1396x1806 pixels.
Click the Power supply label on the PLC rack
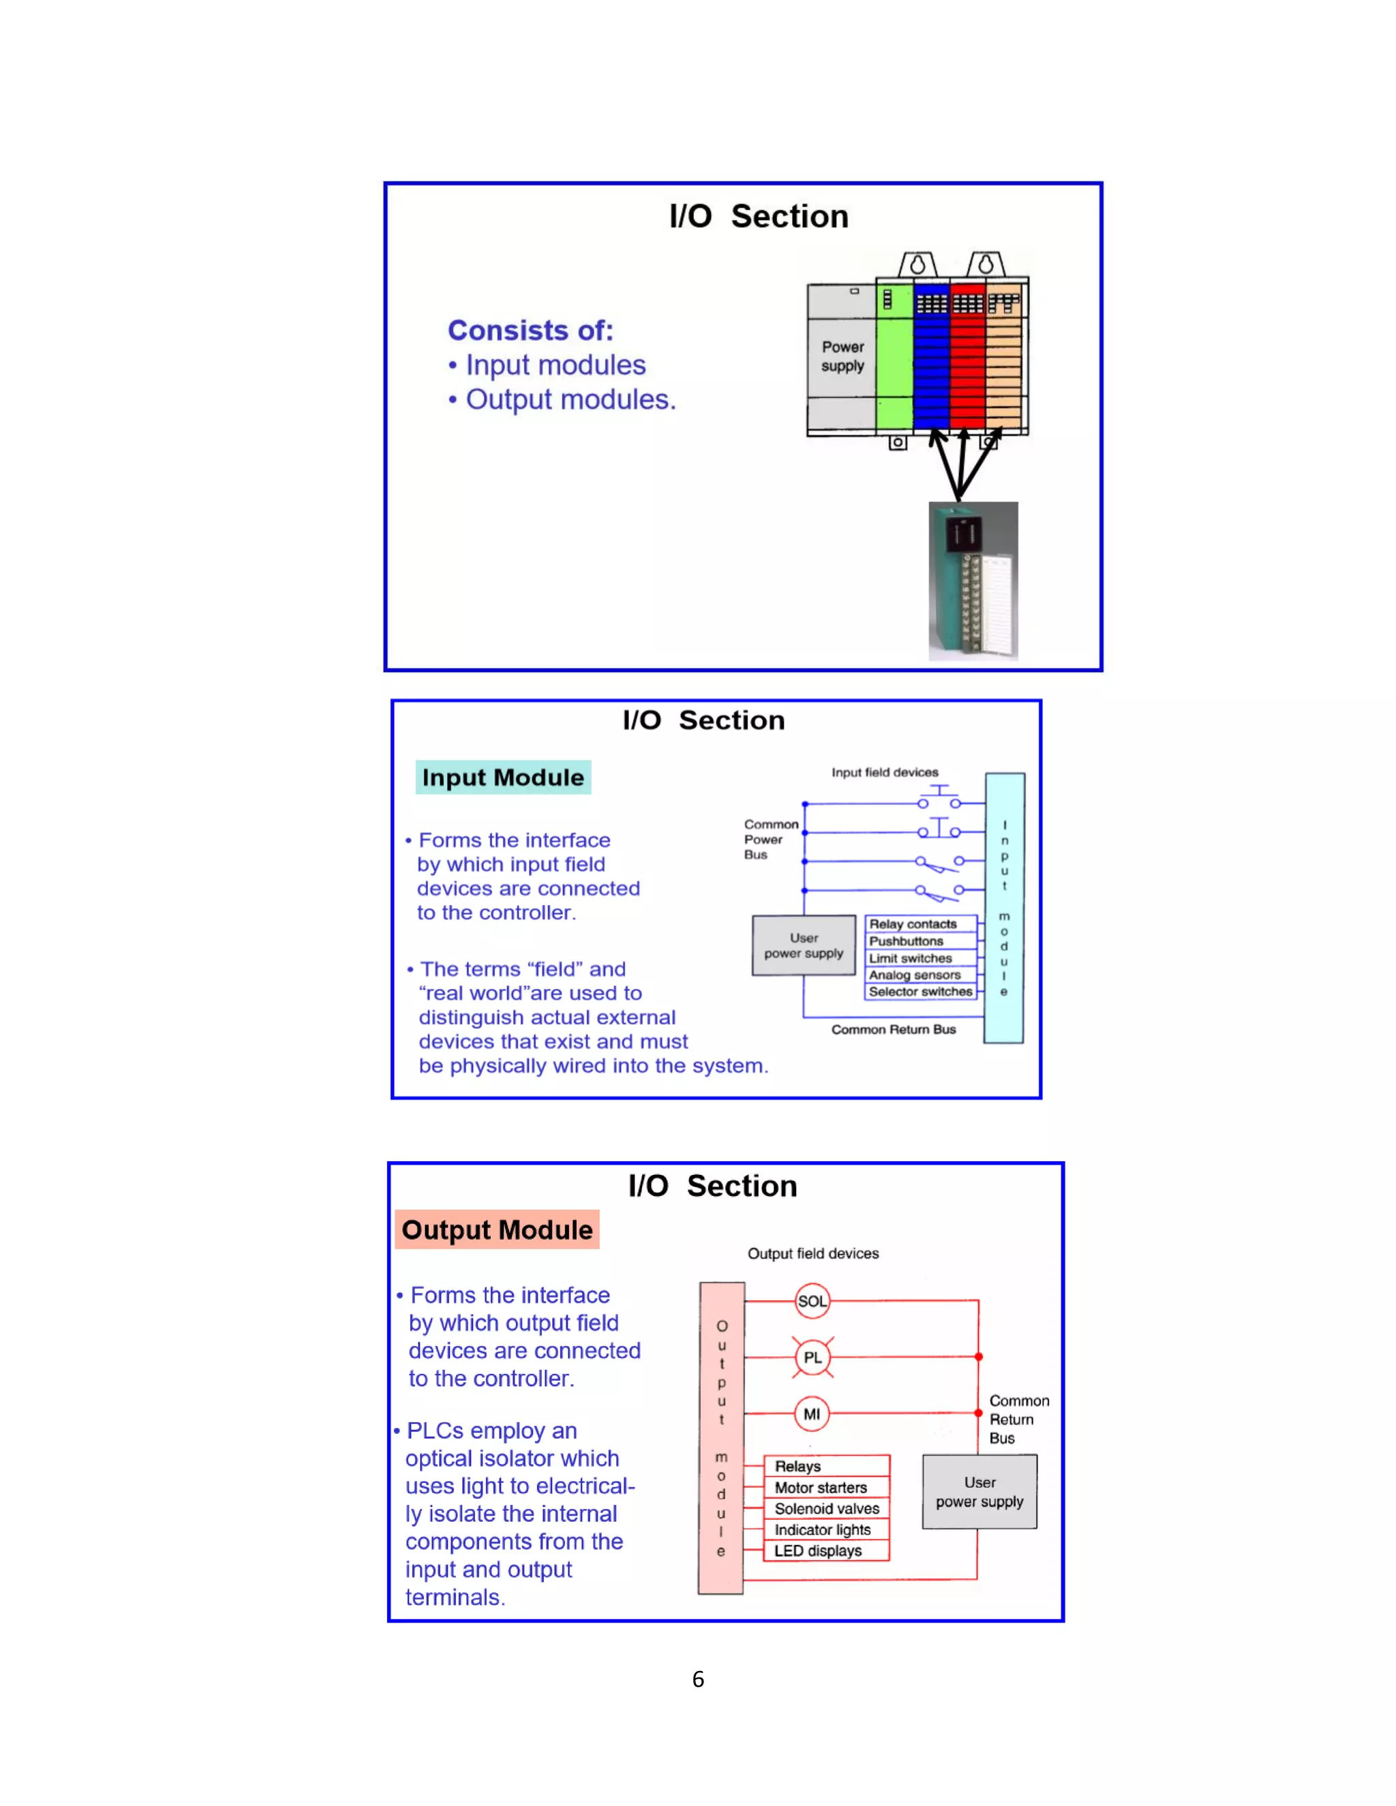(x=842, y=356)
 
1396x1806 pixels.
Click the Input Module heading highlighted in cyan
(x=503, y=778)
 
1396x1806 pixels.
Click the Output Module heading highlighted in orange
(x=497, y=1229)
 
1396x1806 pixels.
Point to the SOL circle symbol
(x=811, y=1301)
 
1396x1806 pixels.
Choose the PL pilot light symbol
(x=812, y=1357)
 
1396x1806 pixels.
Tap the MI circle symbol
(x=811, y=1414)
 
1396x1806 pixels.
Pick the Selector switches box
(x=920, y=992)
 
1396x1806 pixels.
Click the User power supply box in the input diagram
(x=803, y=945)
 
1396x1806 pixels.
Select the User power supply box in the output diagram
(x=980, y=1492)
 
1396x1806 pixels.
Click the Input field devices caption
(x=885, y=772)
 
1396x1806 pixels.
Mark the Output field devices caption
(x=813, y=1253)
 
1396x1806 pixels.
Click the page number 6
(x=698, y=1679)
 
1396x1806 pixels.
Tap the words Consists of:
(x=530, y=330)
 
